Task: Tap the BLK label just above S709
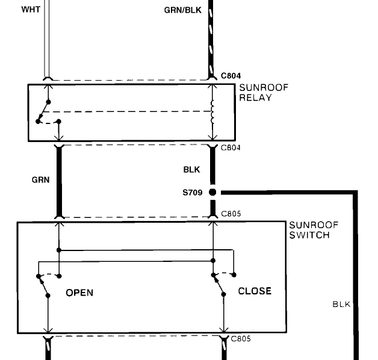click(x=191, y=170)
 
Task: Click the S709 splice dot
click(x=212, y=193)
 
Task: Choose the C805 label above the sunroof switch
click(x=232, y=214)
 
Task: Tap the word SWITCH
click(x=309, y=235)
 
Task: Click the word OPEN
click(x=79, y=293)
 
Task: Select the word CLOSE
click(x=255, y=291)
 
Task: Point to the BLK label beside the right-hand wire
click(x=341, y=304)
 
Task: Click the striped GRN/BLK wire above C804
click(x=211, y=42)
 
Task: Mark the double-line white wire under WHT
click(x=48, y=42)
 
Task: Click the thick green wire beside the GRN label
click(x=59, y=181)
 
